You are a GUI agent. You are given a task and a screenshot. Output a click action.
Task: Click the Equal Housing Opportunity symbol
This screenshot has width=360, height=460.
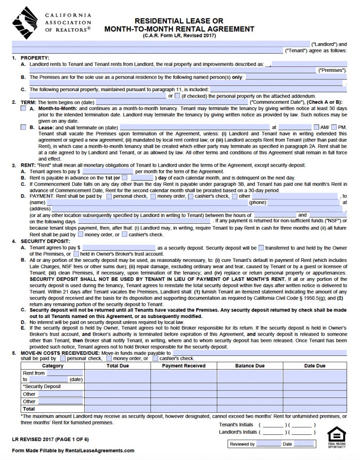(x=336, y=437)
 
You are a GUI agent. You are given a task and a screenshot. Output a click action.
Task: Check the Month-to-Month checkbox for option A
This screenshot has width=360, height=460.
(x=23, y=109)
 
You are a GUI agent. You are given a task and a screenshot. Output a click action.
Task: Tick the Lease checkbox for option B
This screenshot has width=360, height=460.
(x=23, y=128)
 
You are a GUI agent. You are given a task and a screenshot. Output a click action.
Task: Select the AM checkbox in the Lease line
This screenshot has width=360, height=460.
(x=316, y=128)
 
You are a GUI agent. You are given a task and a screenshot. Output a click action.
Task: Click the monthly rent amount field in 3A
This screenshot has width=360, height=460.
(x=108, y=172)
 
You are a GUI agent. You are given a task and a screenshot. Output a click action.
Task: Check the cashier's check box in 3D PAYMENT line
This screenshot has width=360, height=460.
(x=191, y=196)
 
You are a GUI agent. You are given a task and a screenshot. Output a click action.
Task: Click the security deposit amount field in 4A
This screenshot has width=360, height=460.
(x=119, y=248)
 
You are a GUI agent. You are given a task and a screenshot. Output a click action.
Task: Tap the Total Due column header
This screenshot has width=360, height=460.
(x=118, y=366)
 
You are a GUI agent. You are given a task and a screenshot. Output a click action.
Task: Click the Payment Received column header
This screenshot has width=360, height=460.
(x=184, y=366)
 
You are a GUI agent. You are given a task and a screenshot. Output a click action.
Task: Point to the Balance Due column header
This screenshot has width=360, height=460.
(x=250, y=366)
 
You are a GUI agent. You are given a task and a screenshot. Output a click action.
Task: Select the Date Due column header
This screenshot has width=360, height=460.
(x=315, y=366)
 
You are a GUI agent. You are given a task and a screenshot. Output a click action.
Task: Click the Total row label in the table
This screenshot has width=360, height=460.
(x=29, y=409)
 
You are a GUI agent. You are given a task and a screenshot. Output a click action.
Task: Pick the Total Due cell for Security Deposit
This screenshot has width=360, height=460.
(x=118, y=386)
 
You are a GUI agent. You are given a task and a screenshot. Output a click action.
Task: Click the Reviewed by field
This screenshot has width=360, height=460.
(x=268, y=444)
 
